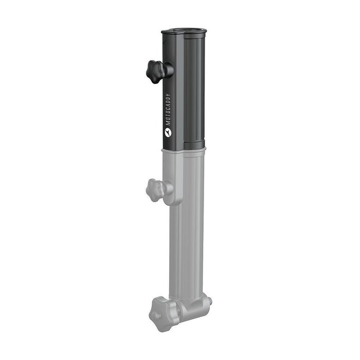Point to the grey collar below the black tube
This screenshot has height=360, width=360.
(x=184, y=151)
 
